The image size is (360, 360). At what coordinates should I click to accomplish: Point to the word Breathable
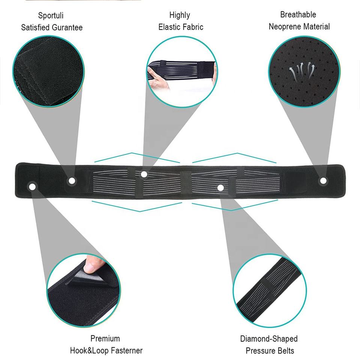pyautogui.click(x=298, y=15)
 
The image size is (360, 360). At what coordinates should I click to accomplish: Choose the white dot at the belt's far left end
pyautogui.click(x=33, y=186)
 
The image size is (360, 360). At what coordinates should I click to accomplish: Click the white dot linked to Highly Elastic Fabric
pyautogui.click(x=144, y=174)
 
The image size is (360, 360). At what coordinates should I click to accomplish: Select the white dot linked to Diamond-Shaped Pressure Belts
pyautogui.click(x=220, y=187)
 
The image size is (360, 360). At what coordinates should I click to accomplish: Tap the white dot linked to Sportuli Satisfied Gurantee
pyautogui.click(x=71, y=181)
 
